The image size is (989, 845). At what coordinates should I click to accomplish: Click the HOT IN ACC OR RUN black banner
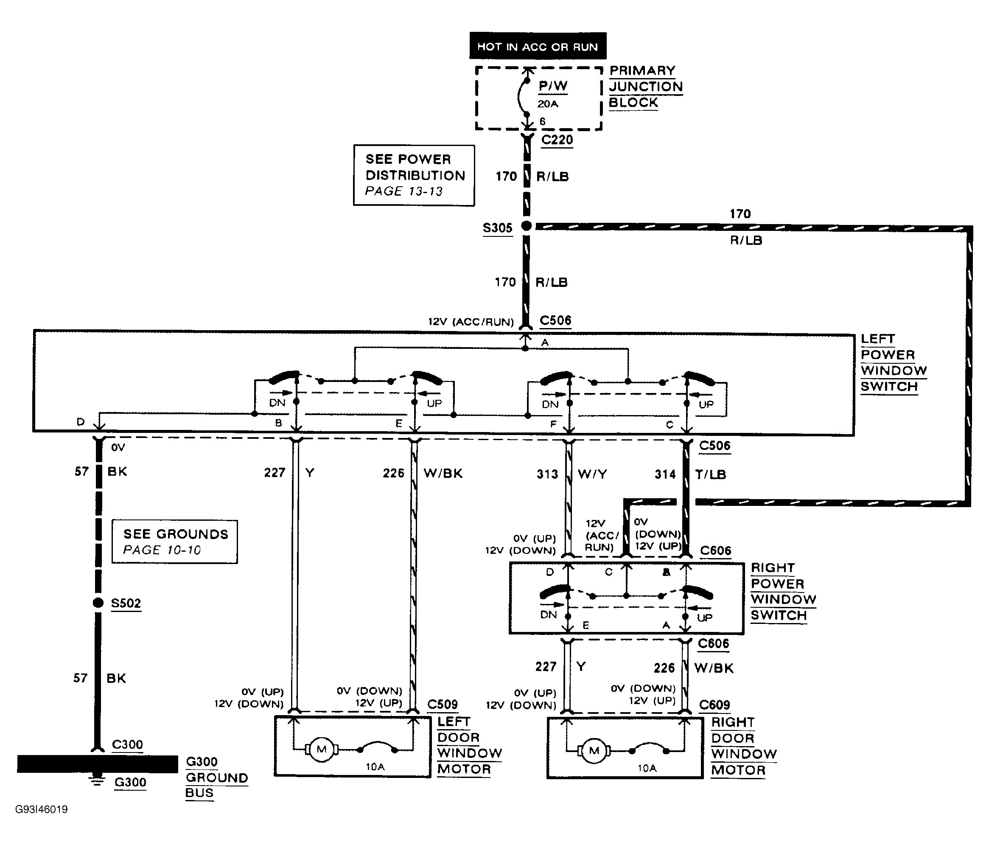538,46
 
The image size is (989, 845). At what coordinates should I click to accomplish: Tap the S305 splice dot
527,226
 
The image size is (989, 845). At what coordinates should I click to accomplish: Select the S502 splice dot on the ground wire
98,603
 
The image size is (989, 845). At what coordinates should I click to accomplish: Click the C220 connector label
557,140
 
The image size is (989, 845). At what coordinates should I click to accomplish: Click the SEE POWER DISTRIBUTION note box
414,175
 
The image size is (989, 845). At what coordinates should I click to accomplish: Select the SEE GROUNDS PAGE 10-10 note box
175,542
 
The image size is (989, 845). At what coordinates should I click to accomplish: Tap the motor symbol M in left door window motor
322,750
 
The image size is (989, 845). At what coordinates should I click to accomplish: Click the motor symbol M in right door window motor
594,750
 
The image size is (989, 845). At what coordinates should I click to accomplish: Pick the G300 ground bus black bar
98,764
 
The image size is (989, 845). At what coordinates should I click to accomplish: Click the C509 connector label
442,704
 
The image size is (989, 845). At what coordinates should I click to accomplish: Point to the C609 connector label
714,705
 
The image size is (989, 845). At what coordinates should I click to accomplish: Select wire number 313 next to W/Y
547,474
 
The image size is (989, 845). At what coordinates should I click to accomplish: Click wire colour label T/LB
710,474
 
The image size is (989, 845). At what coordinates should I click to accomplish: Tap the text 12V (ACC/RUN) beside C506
471,322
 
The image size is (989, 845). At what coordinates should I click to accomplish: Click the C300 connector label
127,744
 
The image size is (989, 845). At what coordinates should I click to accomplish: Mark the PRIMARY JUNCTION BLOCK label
645,87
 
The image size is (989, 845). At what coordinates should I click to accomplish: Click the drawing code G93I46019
42,809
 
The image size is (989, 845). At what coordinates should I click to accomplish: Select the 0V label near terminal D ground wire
118,447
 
